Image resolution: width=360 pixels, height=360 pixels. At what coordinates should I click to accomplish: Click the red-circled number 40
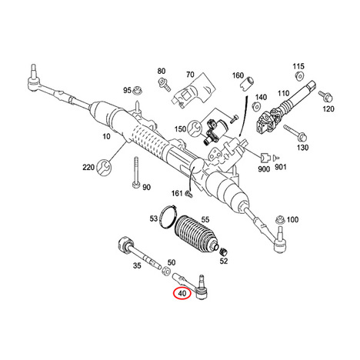click(x=182, y=293)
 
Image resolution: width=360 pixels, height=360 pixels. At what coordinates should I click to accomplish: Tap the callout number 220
click(x=88, y=168)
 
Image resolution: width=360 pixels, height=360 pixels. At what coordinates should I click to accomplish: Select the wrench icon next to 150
click(x=194, y=128)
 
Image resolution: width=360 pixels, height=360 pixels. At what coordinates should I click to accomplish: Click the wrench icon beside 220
click(x=105, y=167)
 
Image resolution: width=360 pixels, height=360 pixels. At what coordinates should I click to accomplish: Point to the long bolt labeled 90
click(x=136, y=172)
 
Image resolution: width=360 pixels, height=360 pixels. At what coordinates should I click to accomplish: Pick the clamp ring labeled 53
click(x=168, y=216)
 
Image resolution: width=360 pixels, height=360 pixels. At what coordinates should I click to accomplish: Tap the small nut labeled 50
click(x=165, y=271)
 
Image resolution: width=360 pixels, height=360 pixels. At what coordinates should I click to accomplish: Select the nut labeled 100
click(x=280, y=220)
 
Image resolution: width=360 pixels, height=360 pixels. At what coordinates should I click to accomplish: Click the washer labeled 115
click(x=299, y=76)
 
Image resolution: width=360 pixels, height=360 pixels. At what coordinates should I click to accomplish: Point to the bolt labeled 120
click(x=326, y=96)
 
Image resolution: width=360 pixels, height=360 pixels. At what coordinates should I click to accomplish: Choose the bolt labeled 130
click(x=295, y=132)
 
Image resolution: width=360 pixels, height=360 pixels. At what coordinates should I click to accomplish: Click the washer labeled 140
click(x=256, y=106)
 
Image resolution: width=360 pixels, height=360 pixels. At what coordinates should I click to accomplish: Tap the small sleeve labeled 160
click(x=247, y=82)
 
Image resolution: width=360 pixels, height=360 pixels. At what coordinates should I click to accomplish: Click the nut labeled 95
click(x=138, y=90)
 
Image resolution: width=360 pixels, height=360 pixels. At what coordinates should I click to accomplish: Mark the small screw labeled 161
click(x=188, y=194)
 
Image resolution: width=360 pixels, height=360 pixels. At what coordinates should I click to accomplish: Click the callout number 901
click(x=281, y=167)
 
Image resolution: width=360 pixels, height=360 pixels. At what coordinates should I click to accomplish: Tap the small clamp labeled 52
click(x=224, y=252)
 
